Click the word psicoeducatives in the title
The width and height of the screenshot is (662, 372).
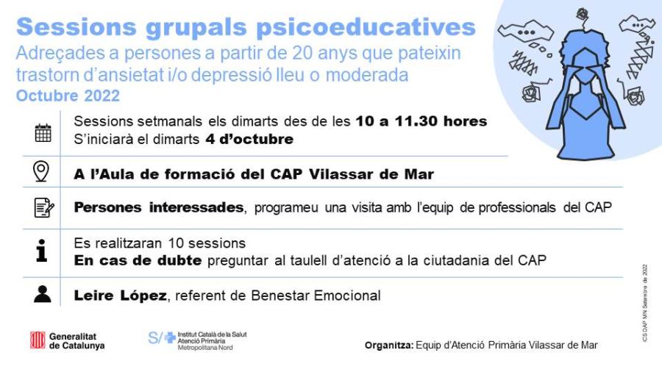(366, 27)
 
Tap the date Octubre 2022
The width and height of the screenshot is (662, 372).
(68, 96)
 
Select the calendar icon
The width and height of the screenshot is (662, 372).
(43, 132)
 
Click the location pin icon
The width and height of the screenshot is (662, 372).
(41, 171)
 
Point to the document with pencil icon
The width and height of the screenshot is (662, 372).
(44, 207)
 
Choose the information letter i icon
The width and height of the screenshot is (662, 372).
(41, 251)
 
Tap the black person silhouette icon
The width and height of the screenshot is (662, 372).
(42, 294)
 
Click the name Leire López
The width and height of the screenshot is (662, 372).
(121, 296)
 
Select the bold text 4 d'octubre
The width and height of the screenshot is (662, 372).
(249, 139)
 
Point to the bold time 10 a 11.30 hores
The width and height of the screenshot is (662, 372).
(421, 121)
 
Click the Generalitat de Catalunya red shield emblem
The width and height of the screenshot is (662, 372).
(38, 340)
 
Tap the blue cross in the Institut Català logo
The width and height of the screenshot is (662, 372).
(170, 337)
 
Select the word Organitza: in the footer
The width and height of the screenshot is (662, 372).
(389, 345)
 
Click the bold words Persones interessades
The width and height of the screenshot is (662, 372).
(159, 207)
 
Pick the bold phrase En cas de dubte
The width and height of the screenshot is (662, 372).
(138, 260)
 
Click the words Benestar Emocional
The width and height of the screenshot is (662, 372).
(316, 296)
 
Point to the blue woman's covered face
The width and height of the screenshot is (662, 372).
(586, 71)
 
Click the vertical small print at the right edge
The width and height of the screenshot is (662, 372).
(644, 302)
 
